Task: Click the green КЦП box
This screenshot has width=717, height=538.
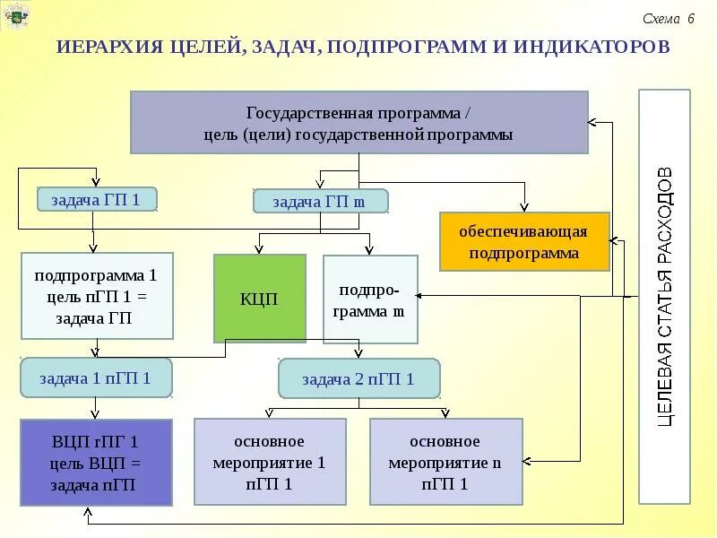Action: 260,299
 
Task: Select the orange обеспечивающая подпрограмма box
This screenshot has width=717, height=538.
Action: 524,242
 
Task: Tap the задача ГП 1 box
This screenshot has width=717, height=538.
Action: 97,199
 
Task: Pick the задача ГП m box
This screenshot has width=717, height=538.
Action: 320,201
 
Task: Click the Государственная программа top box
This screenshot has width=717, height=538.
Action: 358,122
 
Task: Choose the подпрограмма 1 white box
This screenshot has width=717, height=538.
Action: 96,295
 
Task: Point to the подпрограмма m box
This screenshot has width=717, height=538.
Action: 370,299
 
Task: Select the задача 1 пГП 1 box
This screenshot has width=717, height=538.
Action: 96,377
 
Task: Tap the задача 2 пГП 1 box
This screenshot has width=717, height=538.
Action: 358,378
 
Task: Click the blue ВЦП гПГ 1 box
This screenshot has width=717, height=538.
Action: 96,463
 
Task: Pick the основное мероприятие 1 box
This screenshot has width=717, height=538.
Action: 270,463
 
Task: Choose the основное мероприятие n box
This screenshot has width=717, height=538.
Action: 445,463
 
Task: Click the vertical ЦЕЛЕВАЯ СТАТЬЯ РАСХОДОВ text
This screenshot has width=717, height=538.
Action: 664,296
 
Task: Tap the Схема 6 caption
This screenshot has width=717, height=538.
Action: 668,19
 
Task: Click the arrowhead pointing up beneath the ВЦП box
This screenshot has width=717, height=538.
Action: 88,512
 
